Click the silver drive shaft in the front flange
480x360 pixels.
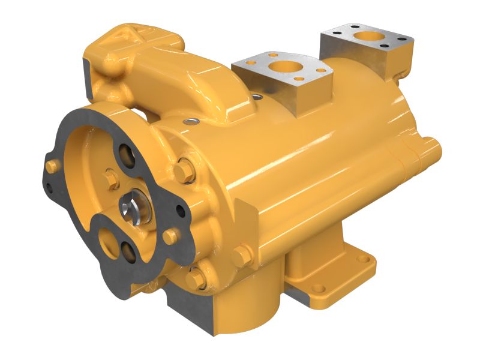coord(133,208)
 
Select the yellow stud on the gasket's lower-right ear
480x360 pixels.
coord(171,235)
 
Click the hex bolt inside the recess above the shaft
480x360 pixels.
coord(112,178)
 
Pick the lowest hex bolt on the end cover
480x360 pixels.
coord(195,278)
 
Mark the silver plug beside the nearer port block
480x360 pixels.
coord(257,96)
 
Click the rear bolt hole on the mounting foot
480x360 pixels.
coord(362,260)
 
